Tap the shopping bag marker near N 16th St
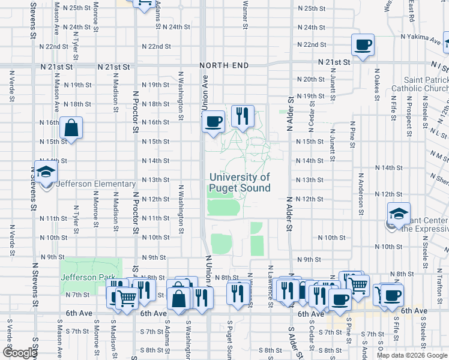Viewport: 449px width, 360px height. (x=71, y=128)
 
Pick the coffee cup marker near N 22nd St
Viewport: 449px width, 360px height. (x=363, y=45)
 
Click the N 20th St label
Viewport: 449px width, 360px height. (x=310, y=79)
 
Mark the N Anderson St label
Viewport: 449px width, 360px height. (x=361, y=194)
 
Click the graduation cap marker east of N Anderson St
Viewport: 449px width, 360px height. (x=397, y=215)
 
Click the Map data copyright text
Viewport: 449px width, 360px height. (x=411, y=355)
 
